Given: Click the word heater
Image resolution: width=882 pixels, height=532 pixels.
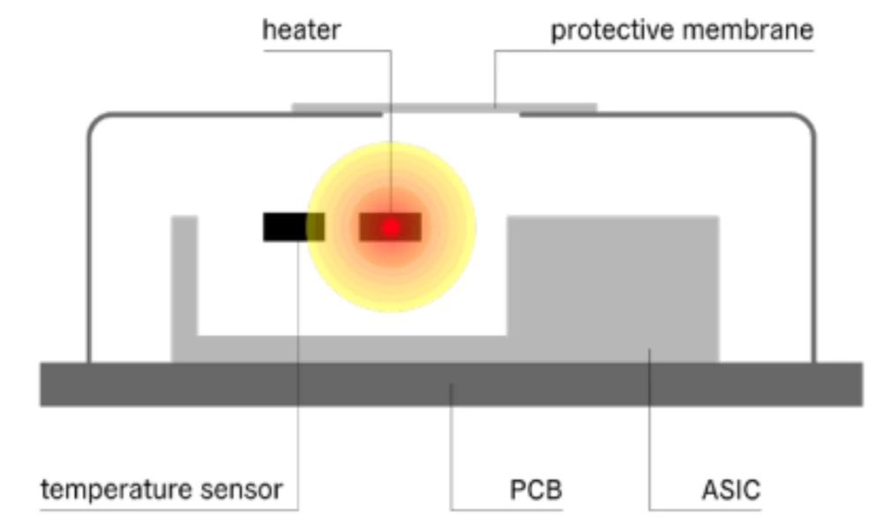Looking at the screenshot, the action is [x=302, y=30].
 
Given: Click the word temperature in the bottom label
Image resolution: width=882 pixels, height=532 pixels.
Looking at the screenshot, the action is [x=116, y=490].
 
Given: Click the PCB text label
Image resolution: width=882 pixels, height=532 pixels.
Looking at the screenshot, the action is [x=535, y=490].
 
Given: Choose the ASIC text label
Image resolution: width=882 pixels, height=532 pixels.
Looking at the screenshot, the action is [x=731, y=490].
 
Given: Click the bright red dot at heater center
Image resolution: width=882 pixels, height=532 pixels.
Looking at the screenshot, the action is [x=391, y=228].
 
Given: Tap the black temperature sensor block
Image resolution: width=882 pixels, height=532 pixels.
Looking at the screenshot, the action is [x=286, y=227].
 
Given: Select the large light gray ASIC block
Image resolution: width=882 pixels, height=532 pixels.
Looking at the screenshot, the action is [x=613, y=287].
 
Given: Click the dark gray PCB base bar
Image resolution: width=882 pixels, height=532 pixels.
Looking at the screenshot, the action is [x=451, y=384].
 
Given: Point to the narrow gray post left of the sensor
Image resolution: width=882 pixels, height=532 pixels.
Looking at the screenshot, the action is [x=184, y=275].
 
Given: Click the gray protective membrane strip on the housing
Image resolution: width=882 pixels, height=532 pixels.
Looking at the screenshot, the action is [x=445, y=108].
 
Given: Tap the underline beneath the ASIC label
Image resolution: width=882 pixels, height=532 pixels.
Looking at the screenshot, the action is [x=705, y=510].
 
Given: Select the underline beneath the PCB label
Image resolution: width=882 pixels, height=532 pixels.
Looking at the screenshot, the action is [x=506, y=510].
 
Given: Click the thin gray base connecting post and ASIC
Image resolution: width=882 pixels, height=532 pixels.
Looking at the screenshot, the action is [x=352, y=348].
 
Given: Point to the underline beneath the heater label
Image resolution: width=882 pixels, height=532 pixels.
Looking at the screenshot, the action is [x=327, y=51].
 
